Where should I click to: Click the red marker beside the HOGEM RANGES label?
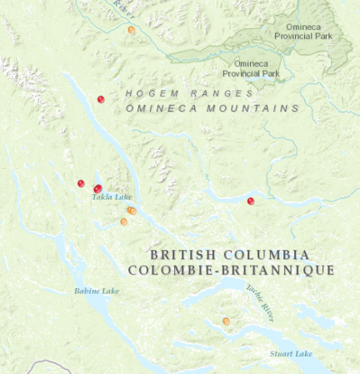coord(101,99)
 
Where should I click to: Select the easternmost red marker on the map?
coord(251,201)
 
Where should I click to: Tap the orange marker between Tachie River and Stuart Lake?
coord(226,321)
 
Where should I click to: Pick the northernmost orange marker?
coord(132,30)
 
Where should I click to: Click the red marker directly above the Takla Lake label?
coord(97,189)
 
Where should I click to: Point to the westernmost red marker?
coord(81,183)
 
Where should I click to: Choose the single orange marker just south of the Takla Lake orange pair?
coord(124,222)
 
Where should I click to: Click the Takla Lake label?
coord(112,197)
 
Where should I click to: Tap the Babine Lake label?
coord(97,292)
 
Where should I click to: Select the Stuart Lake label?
coord(291,354)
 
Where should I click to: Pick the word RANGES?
coord(217,93)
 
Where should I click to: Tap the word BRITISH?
coord(181,254)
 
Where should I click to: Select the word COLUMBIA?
coord(264,254)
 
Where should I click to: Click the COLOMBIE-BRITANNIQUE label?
coord(231,271)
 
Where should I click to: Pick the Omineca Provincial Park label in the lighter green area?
coord(251,68)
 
